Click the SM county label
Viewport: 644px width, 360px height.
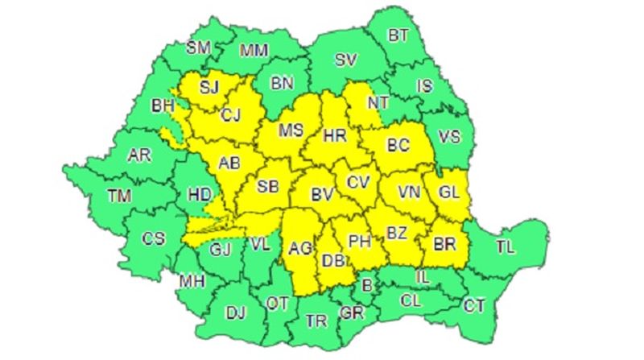pos(198,48)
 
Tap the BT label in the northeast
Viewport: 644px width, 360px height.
pos(398,35)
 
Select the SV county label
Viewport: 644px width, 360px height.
pos(346,60)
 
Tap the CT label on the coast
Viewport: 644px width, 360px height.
pos(474,305)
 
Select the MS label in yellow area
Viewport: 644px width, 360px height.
pos(290,130)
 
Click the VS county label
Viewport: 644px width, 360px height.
pos(450,136)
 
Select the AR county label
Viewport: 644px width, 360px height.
pos(140,155)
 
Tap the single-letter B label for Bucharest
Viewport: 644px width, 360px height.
pos(367,283)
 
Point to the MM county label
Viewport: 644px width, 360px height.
pos(254,51)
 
